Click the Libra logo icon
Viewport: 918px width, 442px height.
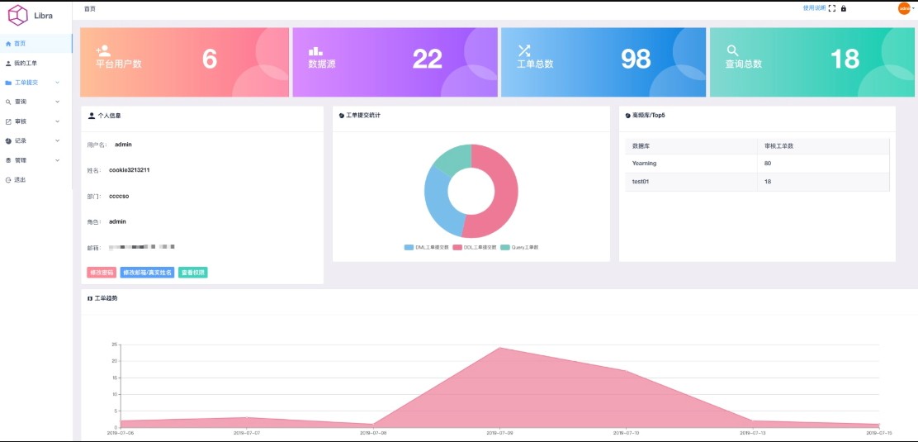coord(17,15)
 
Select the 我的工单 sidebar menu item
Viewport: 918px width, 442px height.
coord(25,63)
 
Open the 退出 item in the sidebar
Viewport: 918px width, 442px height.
coord(20,179)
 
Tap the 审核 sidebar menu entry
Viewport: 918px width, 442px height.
coord(21,121)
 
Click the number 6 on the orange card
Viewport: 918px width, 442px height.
coord(210,59)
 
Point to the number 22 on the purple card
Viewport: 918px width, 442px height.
coord(428,59)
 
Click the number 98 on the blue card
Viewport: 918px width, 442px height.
coord(636,59)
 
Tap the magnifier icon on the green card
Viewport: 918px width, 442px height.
coord(732,50)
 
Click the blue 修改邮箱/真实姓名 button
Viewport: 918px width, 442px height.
coord(147,273)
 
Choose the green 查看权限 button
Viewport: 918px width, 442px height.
coord(192,273)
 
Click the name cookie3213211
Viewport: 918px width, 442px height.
coord(129,170)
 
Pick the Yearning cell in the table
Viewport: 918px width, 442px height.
coord(645,164)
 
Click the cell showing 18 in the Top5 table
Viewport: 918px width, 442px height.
coord(769,181)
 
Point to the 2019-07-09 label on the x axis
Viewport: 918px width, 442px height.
coord(500,432)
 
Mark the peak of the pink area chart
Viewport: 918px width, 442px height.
coord(500,348)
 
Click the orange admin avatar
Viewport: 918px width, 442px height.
coord(903,8)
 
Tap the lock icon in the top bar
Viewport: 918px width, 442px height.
coord(844,8)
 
